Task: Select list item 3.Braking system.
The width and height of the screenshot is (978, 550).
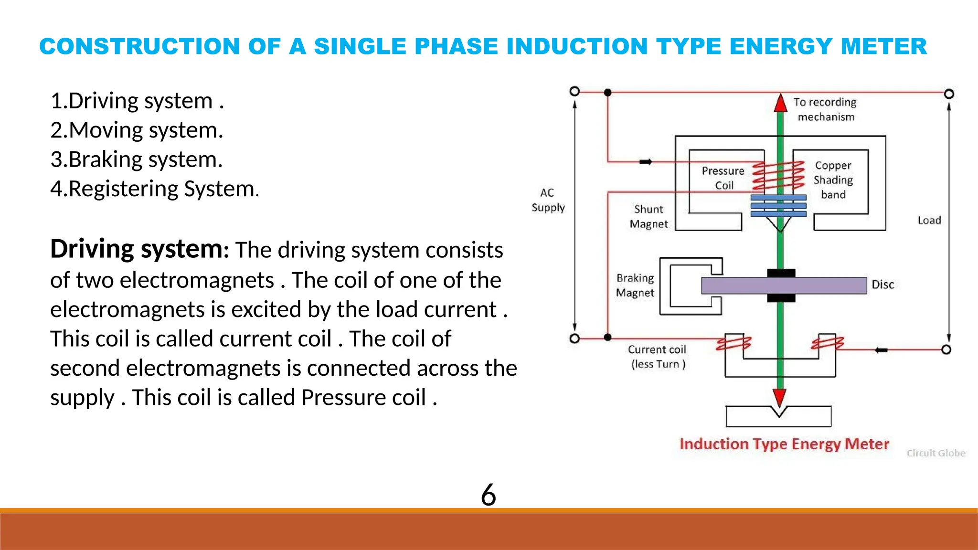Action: (136, 160)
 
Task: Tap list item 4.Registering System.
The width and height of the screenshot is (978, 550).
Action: (154, 189)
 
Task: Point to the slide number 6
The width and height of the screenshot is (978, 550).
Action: (488, 495)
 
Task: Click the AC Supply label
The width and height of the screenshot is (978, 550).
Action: (548, 200)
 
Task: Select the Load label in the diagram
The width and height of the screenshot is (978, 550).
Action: (929, 221)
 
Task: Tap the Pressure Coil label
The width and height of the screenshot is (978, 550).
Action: (723, 178)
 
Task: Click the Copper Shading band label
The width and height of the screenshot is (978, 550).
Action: (833, 180)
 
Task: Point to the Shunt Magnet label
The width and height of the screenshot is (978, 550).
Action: (648, 217)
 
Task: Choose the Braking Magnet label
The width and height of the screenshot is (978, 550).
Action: (635, 286)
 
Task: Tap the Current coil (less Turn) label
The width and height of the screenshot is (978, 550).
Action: (657, 357)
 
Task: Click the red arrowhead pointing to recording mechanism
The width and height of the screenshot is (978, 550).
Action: (780, 103)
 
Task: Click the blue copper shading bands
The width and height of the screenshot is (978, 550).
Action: (778, 206)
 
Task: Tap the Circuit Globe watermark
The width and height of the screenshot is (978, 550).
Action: (935, 453)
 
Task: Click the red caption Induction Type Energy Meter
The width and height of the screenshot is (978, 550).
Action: (784, 444)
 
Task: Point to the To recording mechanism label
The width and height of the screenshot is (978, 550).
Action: (825, 109)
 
